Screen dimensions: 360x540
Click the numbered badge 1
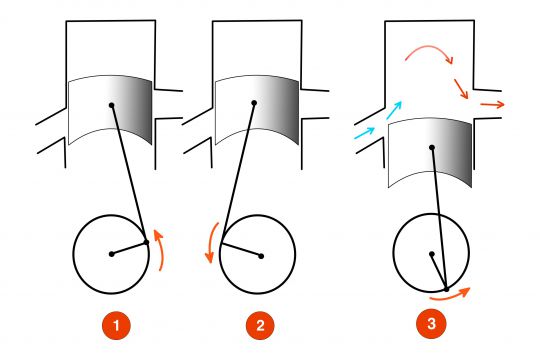point(117,326)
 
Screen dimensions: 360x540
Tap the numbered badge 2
point(257,326)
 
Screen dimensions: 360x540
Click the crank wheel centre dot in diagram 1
point(111,254)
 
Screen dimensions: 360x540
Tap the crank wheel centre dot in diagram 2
point(261,255)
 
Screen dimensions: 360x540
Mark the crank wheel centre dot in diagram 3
point(432,252)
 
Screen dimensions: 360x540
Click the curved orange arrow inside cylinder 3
point(428,54)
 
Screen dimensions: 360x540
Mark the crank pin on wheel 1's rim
point(147,241)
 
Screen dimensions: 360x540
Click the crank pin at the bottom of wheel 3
point(444,290)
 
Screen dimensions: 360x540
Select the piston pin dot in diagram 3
point(431,148)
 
